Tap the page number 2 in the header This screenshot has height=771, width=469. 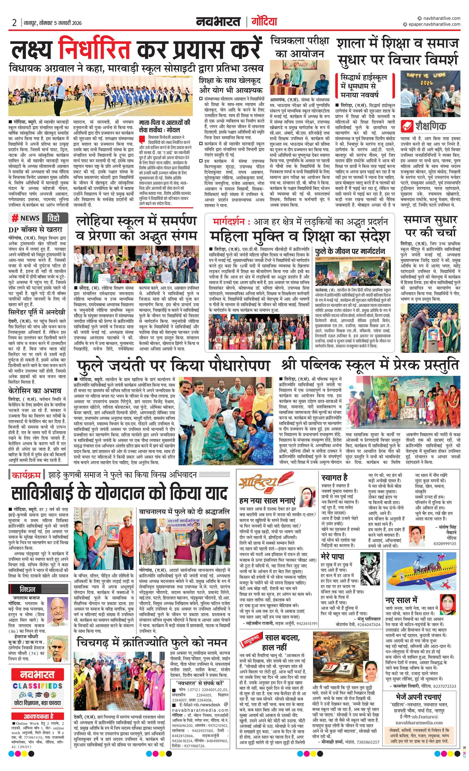14,23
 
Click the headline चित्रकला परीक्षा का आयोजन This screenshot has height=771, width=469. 300,47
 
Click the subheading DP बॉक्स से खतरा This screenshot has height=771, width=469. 35,229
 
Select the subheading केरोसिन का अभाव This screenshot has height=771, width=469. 35,390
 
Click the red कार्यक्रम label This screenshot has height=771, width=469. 26,475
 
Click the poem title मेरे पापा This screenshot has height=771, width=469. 332,556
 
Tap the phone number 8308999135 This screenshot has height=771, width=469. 445,544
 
